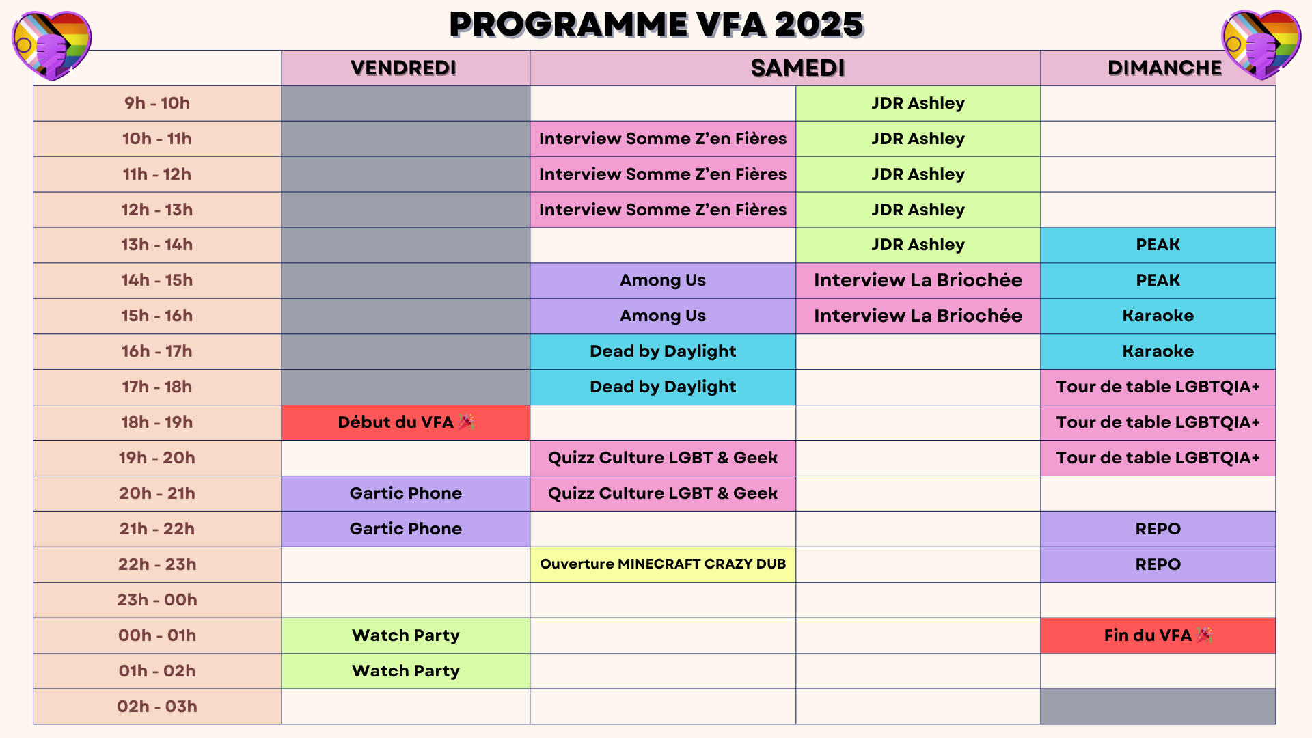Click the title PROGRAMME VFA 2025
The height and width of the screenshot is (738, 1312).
pos(656,25)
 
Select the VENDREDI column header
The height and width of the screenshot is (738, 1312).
pos(405,68)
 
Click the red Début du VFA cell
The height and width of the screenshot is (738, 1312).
pos(405,422)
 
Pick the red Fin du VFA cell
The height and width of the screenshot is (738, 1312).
pos(1158,635)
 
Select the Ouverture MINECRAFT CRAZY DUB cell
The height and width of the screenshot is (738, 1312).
pos(663,564)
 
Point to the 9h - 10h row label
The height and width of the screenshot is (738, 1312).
pos(157,103)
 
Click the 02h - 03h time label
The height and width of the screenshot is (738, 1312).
pos(157,707)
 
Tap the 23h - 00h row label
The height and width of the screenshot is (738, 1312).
pos(157,600)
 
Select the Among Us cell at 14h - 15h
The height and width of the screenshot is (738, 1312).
pos(663,280)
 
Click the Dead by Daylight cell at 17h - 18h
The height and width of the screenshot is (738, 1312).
pos(663,387)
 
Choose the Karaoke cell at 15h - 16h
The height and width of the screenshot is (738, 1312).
pos(1158,316)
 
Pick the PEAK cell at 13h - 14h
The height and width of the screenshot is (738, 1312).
pos(1158,245)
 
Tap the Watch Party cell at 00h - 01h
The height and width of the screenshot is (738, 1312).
pos(405,635)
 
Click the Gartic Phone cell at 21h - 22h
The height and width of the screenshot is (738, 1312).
pos(405,529)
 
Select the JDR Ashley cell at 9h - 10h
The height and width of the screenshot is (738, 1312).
pos(918,103)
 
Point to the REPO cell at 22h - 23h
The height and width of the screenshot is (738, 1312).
pos(1158,564)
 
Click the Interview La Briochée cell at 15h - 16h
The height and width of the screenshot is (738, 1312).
pos(918,316)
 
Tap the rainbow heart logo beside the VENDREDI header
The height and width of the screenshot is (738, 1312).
pos(51,45)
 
